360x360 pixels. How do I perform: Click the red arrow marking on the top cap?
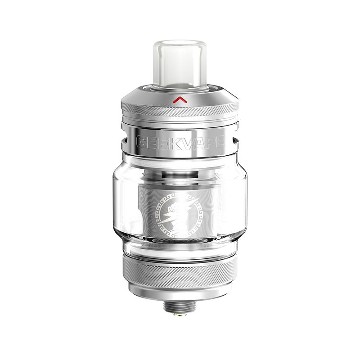pyautogui.click(x=180, y=99)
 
